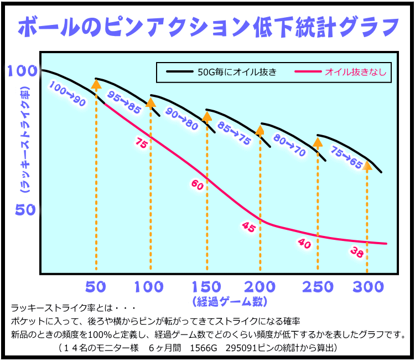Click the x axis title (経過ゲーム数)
point(230,302)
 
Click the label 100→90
point(67,94)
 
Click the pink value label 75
point(141,143)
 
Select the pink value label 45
point(248,227)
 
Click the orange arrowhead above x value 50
point(96,84)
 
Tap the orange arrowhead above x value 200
point(260,131)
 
